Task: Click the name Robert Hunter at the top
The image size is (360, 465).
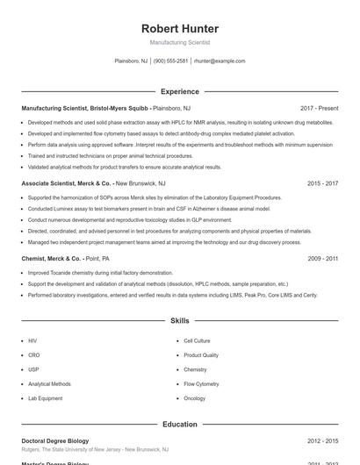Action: click(180, 29)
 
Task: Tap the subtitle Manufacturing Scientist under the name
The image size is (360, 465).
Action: click(180, 42)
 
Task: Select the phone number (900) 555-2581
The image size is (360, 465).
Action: click(170, 61)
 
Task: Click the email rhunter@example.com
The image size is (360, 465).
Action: click(220, 61)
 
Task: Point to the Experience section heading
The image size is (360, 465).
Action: click(180, 91)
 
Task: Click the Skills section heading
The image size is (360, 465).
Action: click(180, 322)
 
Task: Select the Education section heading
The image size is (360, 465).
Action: click(180, 424)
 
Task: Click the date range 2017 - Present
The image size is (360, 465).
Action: click(319, 108)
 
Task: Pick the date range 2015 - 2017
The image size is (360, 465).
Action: click(323, 184)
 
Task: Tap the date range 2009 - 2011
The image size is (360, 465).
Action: click(323, 259)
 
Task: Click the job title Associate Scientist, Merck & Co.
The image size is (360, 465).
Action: click(67, 184)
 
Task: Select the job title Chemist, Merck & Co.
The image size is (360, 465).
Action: click(51, 259)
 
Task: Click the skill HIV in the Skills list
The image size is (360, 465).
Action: click(32, 340)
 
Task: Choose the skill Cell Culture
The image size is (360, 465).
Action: click(197, 340)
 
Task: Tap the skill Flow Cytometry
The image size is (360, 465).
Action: click(201, 383)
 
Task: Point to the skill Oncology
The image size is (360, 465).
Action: click(194, 398)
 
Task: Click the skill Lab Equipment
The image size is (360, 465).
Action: click(45, 398)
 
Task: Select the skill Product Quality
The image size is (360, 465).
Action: click(201, 354)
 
